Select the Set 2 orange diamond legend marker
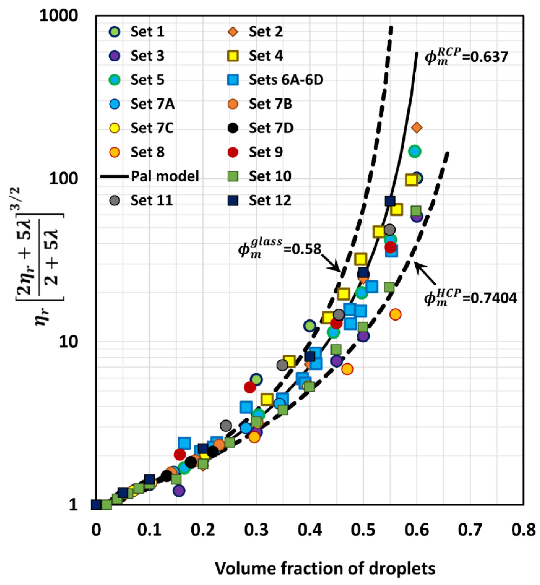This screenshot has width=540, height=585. [x=233, y=31]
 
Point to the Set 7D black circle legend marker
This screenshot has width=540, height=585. [x=233, y=128]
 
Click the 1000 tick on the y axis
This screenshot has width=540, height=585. [x=58, y=15]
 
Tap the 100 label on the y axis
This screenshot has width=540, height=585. [x=63, y=178]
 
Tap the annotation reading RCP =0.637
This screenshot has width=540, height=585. [x=466, y=56]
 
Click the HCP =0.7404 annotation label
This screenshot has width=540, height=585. [x=470, y=298]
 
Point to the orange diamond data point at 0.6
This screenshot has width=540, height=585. [x=416, y=128]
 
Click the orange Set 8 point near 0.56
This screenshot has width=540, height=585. [x=395, y=314]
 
